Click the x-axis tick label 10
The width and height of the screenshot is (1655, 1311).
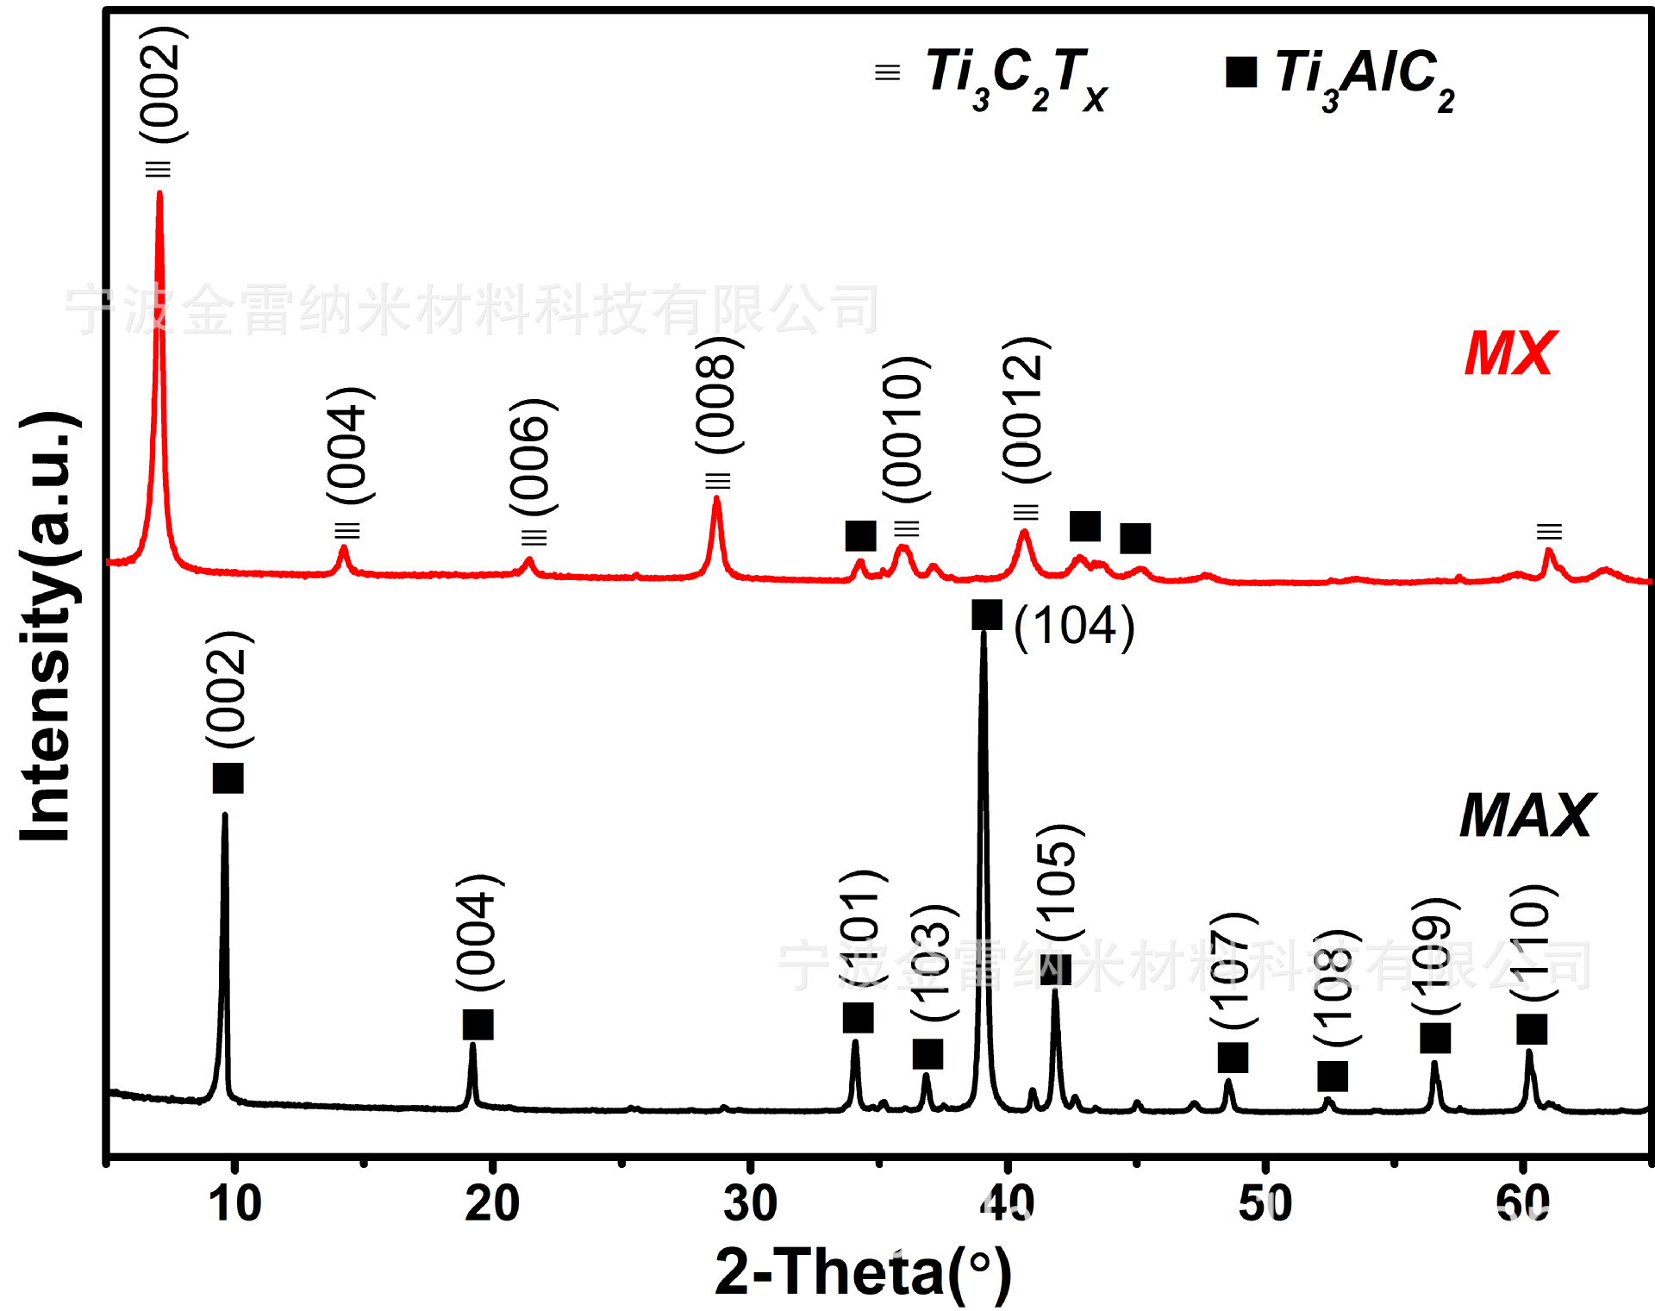pos(234,1204)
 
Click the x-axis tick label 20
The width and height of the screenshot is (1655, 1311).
pos(492,1204)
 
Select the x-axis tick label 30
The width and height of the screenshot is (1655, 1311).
pos(750,1204)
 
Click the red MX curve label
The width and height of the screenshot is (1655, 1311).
pos(1509,354)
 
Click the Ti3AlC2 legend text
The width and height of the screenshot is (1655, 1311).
pos(1365,78)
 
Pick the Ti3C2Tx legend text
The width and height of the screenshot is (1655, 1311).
pos(1017,78)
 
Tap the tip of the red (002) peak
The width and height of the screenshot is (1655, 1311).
pos(159,193)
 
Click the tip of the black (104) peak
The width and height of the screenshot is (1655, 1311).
pos(984,634)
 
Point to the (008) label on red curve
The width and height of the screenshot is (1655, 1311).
pos(717,395)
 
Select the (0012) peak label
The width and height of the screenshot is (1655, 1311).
pos(1024,410)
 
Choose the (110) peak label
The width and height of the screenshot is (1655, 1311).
pos(1533,942)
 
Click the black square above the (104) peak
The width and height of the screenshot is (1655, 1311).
pos(987,615)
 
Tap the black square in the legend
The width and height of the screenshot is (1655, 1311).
pos(1241,72)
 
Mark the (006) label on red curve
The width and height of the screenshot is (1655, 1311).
pos(531,457)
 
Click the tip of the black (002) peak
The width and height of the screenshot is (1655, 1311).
pos(225,815)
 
